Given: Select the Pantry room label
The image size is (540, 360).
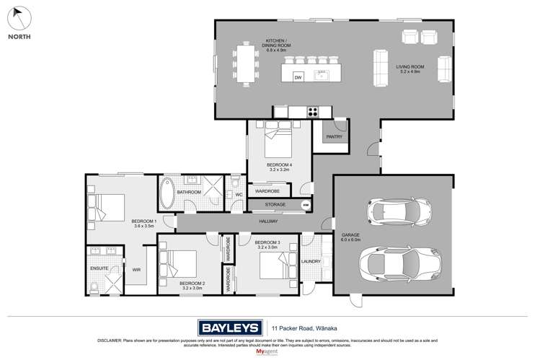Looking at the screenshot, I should point(334,136).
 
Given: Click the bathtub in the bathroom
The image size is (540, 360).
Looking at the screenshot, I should point(167,193).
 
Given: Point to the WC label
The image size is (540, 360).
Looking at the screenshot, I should point(238,193).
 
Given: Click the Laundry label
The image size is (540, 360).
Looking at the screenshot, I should point(311,261).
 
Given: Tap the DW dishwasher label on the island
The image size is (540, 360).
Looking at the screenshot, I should point(297,76).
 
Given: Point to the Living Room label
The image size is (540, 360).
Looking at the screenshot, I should point(410,69).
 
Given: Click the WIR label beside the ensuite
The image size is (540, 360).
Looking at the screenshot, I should point(136,270).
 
